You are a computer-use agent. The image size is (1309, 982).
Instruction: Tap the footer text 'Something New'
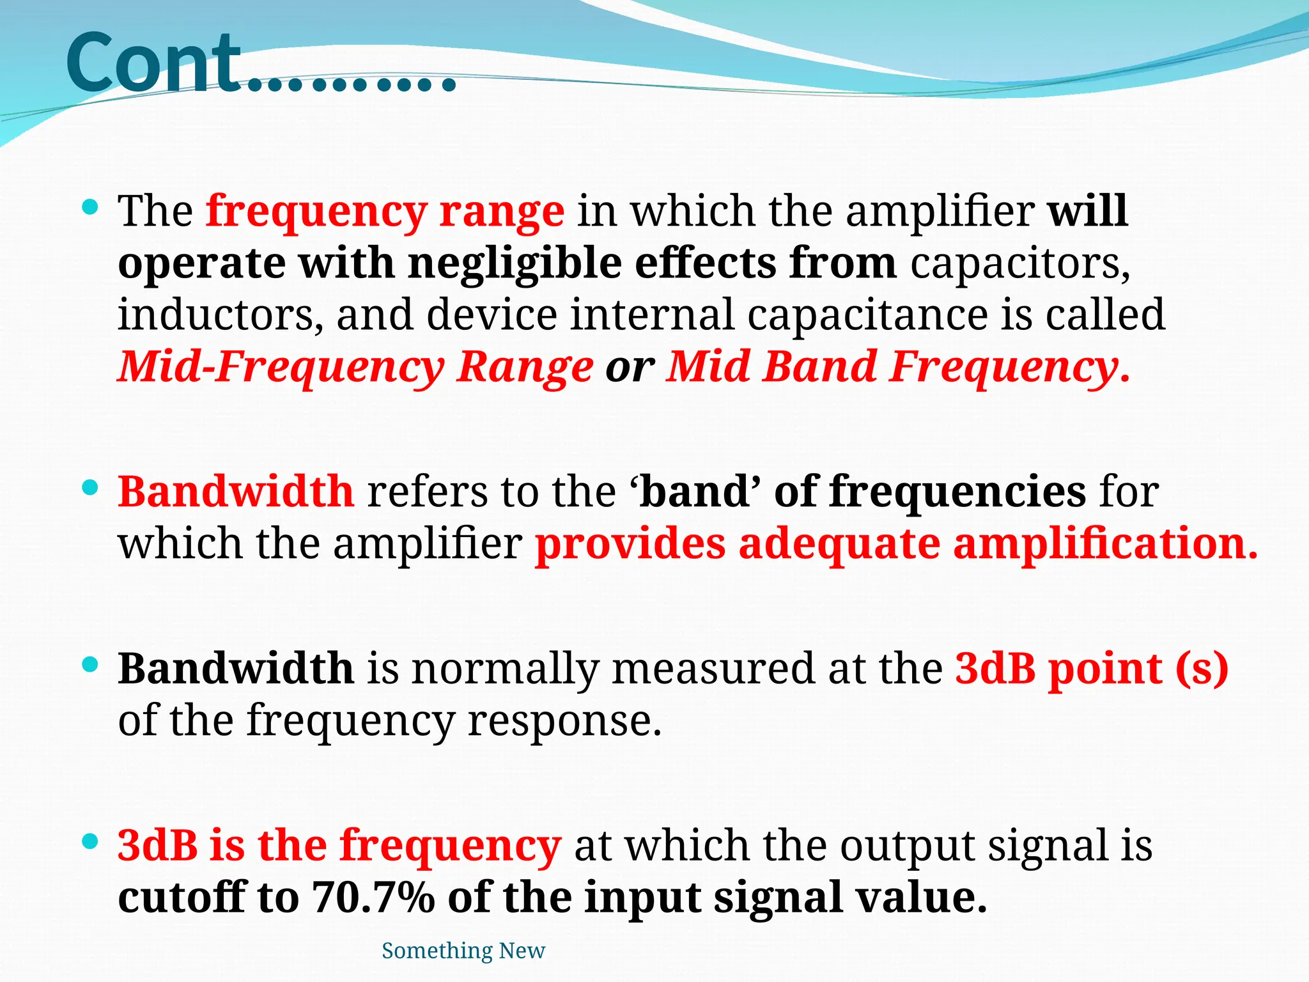coord(463,951)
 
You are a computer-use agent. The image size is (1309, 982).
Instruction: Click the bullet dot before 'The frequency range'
coord(91,207)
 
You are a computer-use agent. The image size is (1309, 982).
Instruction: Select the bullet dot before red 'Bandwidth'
coord(91,488)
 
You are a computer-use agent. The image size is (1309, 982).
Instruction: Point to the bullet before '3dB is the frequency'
coord(91,842)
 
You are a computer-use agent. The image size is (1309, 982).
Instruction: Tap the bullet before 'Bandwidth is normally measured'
coord(91,665)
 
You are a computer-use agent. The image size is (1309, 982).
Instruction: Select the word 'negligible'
coord(515,263)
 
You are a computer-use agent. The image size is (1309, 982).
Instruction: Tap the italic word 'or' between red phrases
coord(630,368)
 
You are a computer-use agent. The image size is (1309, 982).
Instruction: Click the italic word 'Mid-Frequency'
coord(281,368)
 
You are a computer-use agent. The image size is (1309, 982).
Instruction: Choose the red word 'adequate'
coord(839,544)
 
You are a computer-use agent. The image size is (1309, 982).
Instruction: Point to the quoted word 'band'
coord(695,492)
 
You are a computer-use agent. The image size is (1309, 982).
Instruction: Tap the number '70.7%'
coord(373,898)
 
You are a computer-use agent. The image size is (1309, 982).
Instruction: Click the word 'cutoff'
coord(182,898)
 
